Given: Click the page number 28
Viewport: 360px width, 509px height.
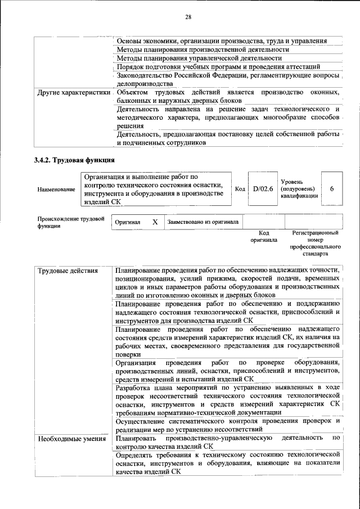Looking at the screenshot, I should [x=188, y=17].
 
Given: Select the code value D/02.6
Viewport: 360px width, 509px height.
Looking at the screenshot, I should [x=262, y=188].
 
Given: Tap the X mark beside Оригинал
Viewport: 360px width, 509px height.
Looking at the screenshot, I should [x=155, y=222].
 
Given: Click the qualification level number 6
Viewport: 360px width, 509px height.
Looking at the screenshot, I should [x=332, y=188].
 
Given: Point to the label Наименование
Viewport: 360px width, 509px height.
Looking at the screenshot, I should [x=56, y=190].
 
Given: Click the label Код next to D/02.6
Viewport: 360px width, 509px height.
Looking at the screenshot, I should [x=240, y=188].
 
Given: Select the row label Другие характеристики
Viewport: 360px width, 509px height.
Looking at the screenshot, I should [x=73, y=92].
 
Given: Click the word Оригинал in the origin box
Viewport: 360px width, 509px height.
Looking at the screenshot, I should [x=127, y=222].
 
